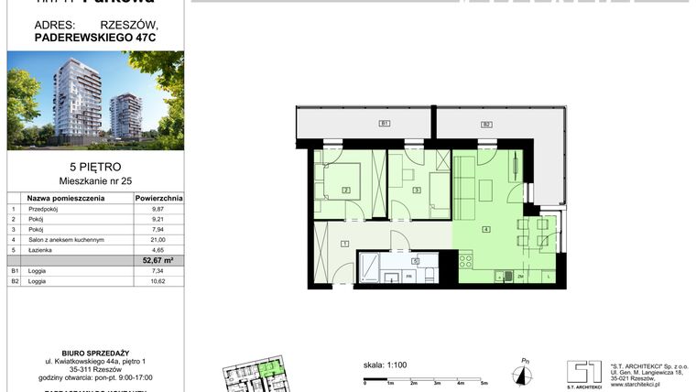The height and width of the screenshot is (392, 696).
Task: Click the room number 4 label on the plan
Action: pyautogui.click(x=487, y=228)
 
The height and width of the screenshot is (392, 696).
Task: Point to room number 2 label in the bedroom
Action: pyautogui.click(x=346, y=190)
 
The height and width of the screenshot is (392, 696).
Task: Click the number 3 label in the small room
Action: pyautogui.click(x=417, y=190)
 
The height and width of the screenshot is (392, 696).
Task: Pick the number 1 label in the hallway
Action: pyautogui.click(x=343, y=243)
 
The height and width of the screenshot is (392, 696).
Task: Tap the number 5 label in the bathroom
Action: pyautogui.click(x=416, y=261)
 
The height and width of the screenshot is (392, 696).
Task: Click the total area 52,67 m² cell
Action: pyautogui.click(x=158, y=260)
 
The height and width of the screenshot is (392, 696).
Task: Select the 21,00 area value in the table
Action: pyautogui.click(x=158, y=239)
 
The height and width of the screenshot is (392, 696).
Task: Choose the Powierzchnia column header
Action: pyautogui.click(x=158, y=197)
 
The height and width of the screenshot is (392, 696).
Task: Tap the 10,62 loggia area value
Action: pyautogui.click(x=158, y=281)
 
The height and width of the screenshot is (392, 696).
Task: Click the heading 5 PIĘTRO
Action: pyautogui.click(x=94, y=168)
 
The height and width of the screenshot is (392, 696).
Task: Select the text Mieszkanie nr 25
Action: pyautogui.click(x=94, y=180)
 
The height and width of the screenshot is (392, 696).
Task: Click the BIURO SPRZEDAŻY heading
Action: pyautogui.click(x=94, y=351)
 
